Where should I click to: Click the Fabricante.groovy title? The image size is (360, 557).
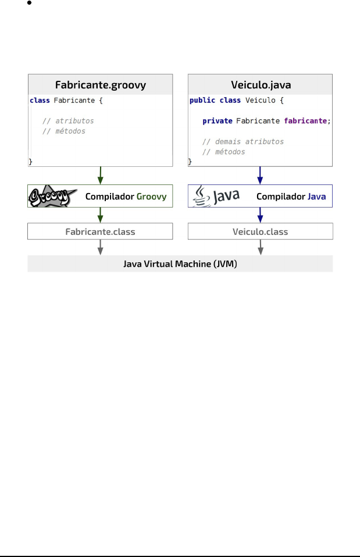101,84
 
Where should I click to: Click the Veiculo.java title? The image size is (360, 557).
261,84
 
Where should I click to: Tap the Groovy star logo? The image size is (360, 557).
49,197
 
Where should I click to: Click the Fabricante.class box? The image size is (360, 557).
101,231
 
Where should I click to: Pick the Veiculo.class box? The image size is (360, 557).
261,231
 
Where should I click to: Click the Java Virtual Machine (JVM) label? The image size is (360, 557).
180,263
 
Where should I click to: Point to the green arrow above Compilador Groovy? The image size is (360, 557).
101,174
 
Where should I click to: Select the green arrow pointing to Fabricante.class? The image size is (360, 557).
101,215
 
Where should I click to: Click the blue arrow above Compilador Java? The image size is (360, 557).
261,174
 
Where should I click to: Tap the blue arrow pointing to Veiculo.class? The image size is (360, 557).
261,215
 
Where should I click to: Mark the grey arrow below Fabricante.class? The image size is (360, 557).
101,247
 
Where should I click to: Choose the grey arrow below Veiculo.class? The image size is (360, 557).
261,247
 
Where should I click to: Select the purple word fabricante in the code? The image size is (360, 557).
306,121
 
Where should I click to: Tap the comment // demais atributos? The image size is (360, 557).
234,141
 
